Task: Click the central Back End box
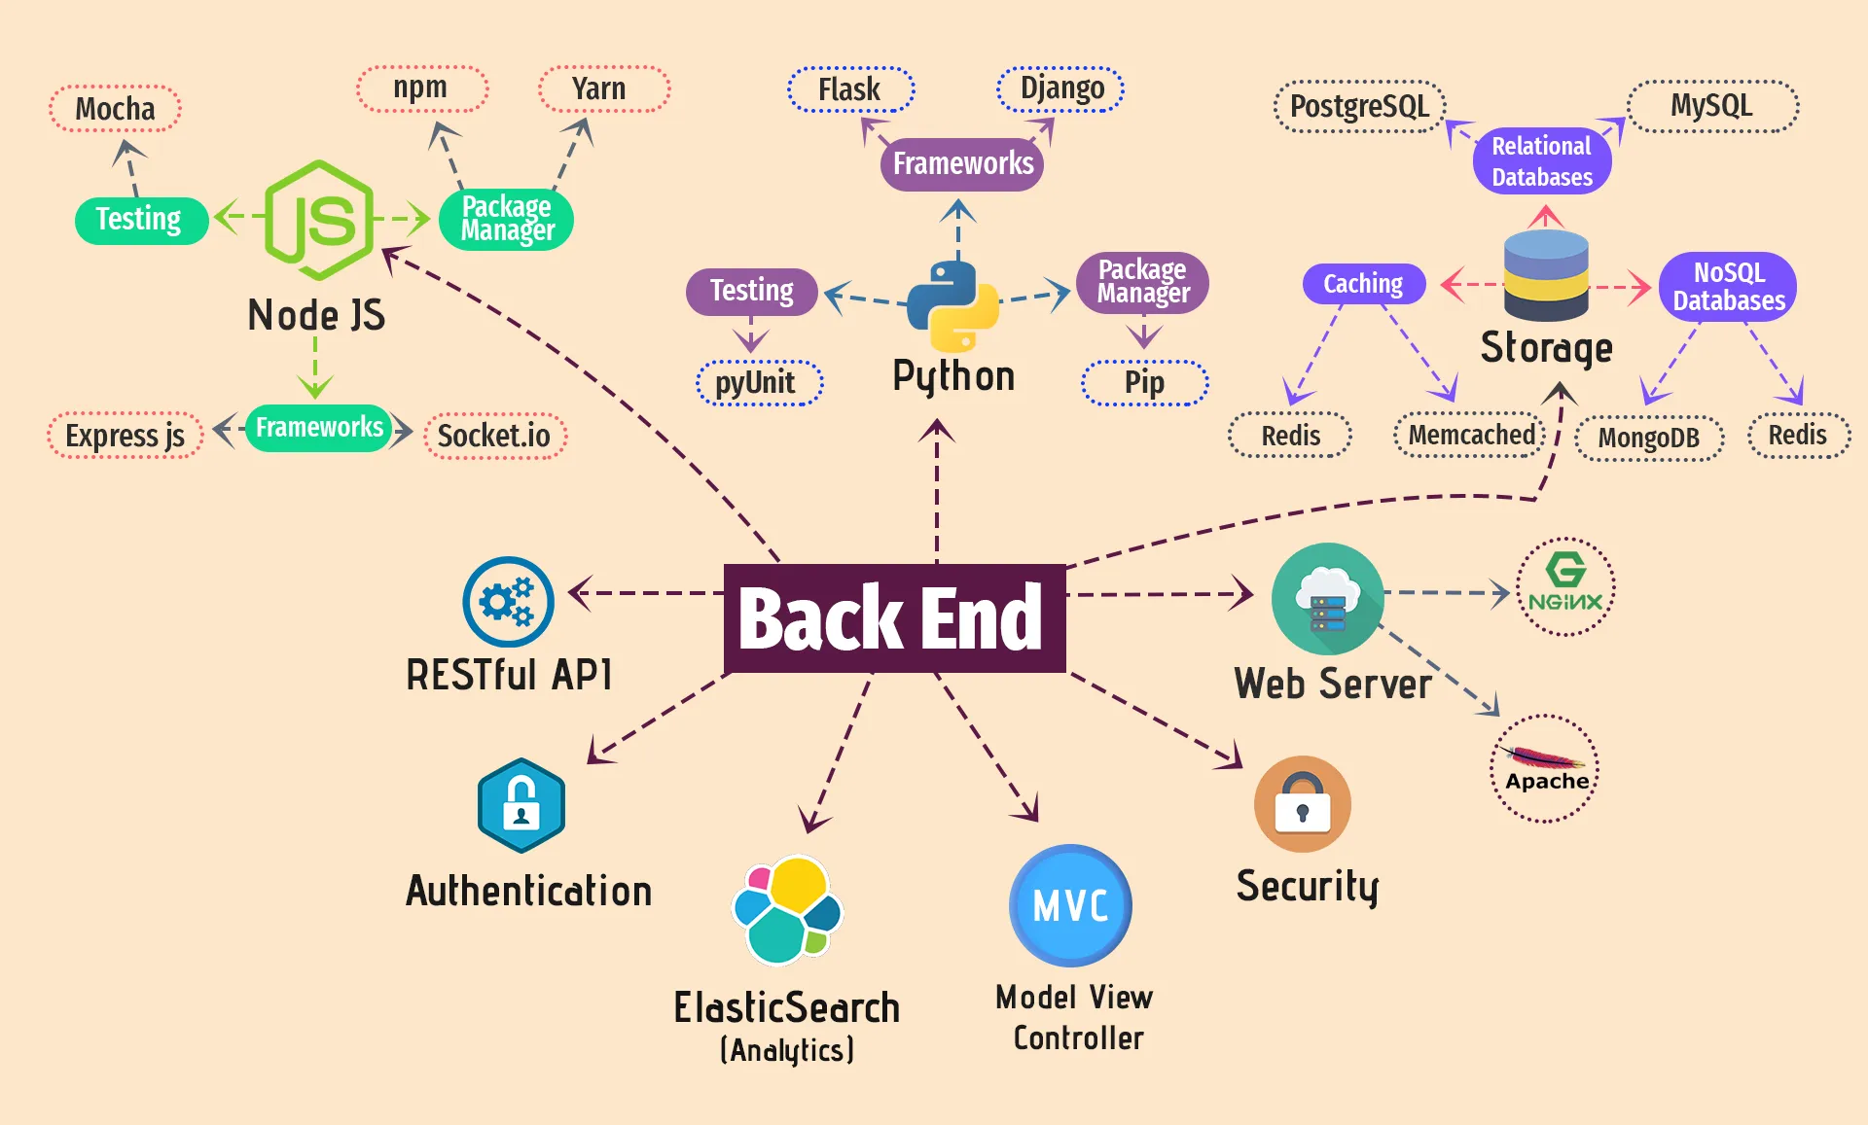(x=894, y=618)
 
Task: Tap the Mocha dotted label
(x=115, y=109)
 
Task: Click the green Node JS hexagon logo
(x=318, y=220)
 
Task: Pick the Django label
(x=1060, y=89)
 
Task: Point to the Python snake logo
(x=952, y=305)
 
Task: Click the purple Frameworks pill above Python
(x=962, y=163)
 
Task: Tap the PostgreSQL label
(x=1359, y=106)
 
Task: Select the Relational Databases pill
(x=1541, y=161)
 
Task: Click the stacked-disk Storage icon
(x=1545, y=276)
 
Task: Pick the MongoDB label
(x=1648, y=438)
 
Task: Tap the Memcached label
(x=1471, y=435)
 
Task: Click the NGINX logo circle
(x=1564, y=586)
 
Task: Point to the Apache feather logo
(x=1545, y=768)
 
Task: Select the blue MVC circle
(x=1070, y=905)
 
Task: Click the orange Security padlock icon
(x=1302, y=804)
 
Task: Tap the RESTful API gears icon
(x=508, y=602)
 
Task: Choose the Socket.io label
(x=494, y=436)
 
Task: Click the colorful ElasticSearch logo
(x=787, y=910)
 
